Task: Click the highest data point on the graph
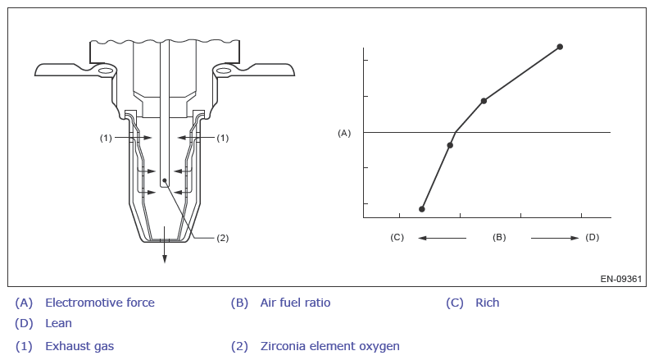pyautogui.click(x=560, y=47)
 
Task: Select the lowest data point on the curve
pyautogui.click(x=422, y=209)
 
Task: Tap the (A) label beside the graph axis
pyautogui.click(x=344, y=133)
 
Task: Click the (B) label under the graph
pyautogui.click(x=499, y=237)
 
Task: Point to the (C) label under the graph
pyautogui.click(x=397, y=237)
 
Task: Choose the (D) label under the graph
pyautogui.click(x=593, y=237)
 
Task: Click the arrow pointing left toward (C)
pyautogui.click(x=442, y=238)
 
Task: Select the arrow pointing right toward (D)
pyautogui.click(x=555, y=238)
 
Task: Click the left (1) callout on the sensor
pyautogui.click(x=106, y=138)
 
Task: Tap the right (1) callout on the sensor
pyautogui.click(x=223, y=138)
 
